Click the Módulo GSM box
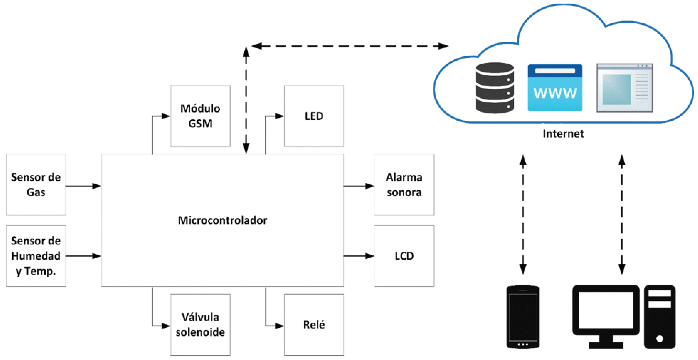pyautogui.click(x=200, y=116)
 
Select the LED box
pyautogui.click(x=314, y=116)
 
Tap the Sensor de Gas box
pyautogui.click(x=36, y=184)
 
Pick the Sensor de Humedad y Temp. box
pyautogui.click(x=36, y=256)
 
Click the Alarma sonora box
pyautogui.click(x=404, y=184)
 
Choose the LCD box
pyautogui.click(x=404, y=256)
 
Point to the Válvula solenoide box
pyautogui.click(x=200, y=325)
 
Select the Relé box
pyautogui.click(x=314, y=325)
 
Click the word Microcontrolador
pyautogui.click(x=222, y=220)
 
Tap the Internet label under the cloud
pyautogui.click(x=563, y=133)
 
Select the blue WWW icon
pyautogui.click(x=555, y=88)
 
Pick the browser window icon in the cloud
pyautogui.click(x=625, y=88)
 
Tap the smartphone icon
pyautogui.click(x=523, y=317)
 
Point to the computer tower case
pyautogui.click(x=660, y=317)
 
